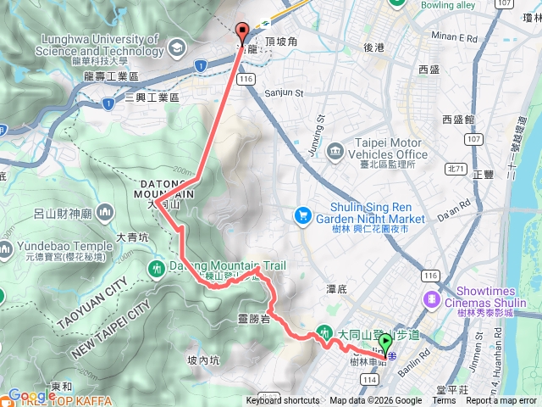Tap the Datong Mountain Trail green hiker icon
coord(155,268)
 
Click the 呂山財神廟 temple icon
coord(106,210)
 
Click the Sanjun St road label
coord(283,93)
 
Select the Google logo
coord(31,395)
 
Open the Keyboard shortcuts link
coord(283,401)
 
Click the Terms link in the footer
coord(444,401)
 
